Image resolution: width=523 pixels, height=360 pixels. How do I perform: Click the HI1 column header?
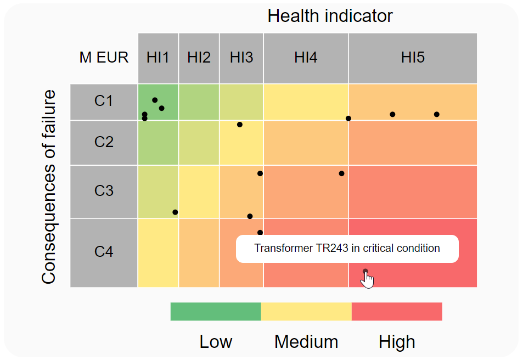click(158, 58)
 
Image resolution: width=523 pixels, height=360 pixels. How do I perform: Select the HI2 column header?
click(199, 58)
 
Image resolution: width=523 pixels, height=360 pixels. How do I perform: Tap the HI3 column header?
click(241, 58)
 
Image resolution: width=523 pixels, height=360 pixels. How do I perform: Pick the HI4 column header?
click(306, 58)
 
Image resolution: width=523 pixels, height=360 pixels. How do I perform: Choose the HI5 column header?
click(413, 58)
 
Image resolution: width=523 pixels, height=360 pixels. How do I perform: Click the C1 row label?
click(104, 101)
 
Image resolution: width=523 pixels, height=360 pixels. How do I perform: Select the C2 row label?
click(104, 142)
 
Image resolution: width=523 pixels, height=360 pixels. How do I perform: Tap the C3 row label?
click(104, 191)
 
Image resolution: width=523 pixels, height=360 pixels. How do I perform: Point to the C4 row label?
click(104, 252)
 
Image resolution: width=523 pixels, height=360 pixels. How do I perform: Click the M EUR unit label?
click(104, 58)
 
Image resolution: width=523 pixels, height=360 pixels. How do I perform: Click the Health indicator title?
click(330, 16)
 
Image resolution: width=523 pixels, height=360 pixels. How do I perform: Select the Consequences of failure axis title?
click(49, 187)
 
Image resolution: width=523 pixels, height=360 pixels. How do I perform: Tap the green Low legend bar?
click(216, 311)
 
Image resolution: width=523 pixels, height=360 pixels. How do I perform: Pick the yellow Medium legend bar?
click(306, 311)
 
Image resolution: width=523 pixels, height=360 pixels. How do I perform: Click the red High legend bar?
click(396, 311)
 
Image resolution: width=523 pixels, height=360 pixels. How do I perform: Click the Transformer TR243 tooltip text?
click(347, 249)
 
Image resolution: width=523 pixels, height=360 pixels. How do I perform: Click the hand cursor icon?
click(367, 280)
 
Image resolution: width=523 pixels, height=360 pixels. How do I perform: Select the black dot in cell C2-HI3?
click(240, 125)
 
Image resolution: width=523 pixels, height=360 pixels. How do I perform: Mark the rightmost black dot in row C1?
click(437, 114)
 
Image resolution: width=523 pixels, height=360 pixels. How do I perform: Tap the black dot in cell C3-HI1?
click(175, 212)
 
